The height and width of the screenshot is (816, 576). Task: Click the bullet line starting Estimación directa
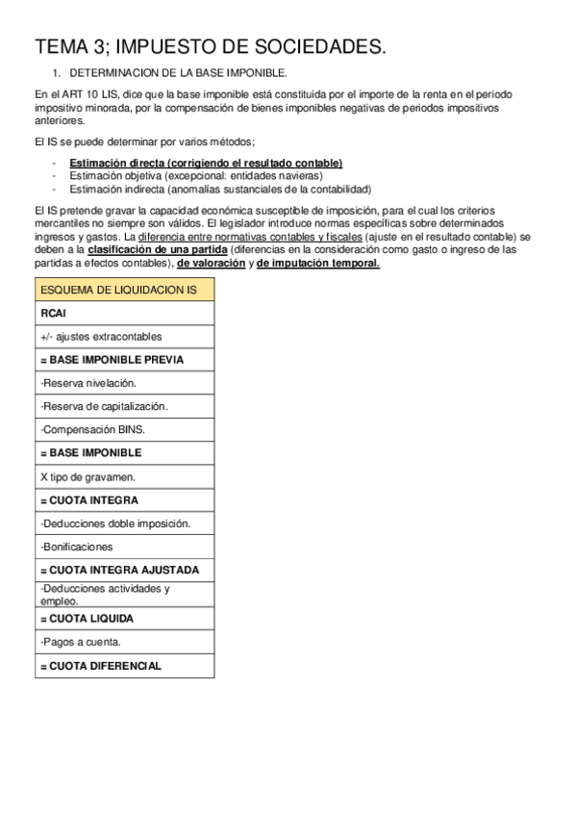206,164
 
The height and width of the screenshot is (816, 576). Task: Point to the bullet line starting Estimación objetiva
196,176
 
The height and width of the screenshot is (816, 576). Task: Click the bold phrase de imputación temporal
318,263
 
